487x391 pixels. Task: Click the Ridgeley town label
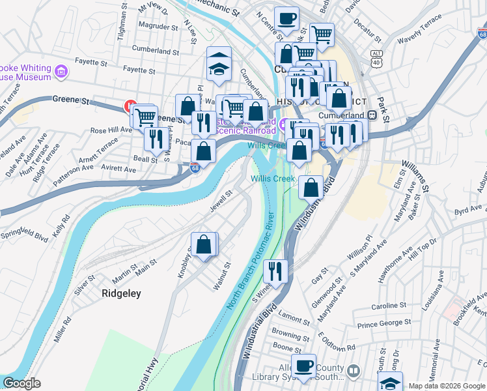pyautogui.click(x=121, y=294)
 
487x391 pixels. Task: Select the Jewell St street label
pyautogui.click(x=221, y=201)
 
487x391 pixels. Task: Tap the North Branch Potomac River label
pyautogui.click(x=253, y=267)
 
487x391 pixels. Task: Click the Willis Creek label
pyautogui.click(x=273, y=179)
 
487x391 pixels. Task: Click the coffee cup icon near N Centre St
pyautogui.click(x=286, y=20)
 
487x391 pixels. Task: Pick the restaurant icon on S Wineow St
pyautogui.click(x=275, y=270)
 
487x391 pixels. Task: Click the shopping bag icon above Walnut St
pyautogui.click(x=204, y=245)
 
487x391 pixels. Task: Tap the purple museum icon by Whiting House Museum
pyautogui.click(x=61, y=70)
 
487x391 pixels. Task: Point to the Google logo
pyautogui.click(x=21, y=383)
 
